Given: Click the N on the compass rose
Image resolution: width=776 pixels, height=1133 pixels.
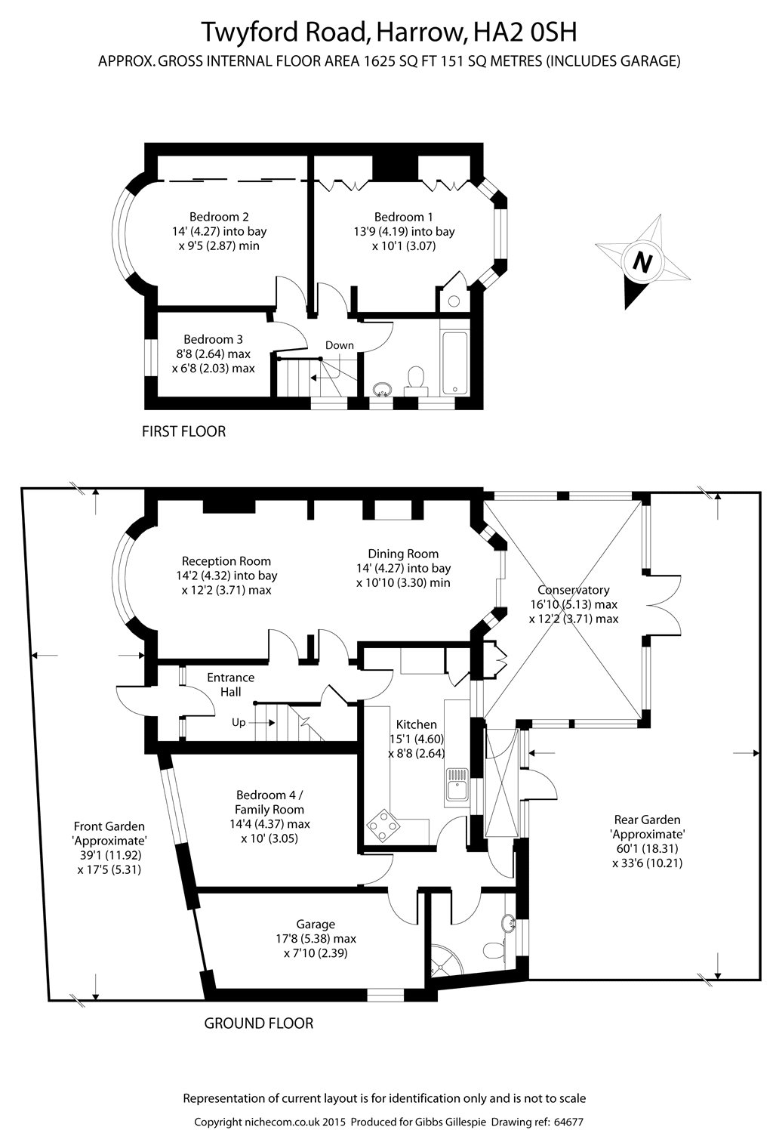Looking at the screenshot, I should tap(642, 262).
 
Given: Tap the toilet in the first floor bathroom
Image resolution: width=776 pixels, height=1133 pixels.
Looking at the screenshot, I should tap(414, 378).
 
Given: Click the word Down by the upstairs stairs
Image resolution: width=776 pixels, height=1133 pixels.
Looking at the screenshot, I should tap(340, 345).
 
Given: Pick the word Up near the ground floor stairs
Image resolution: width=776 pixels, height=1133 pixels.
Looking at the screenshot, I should tap(239, 722).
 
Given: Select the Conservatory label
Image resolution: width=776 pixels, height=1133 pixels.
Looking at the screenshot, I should tap(573, 590).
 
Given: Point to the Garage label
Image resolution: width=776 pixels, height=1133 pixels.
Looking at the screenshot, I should tap(316, 924).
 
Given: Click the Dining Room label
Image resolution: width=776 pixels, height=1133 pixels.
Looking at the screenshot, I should tap(403, 554).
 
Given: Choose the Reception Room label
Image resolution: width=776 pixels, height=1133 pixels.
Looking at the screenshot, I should tap(226, 561).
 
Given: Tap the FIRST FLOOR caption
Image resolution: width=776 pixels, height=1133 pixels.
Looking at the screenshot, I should tap(184, 431).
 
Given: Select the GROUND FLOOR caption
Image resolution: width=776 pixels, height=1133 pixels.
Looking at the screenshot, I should tap(259, 1023).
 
